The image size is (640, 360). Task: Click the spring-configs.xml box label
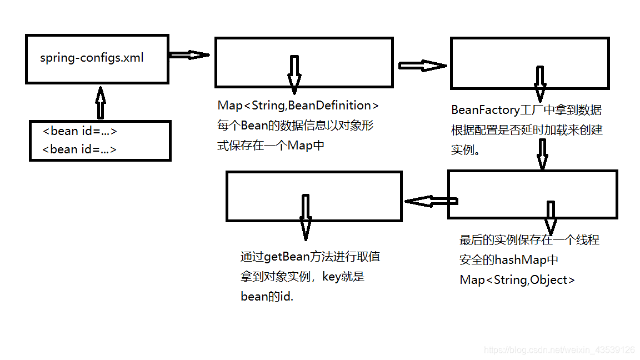92,58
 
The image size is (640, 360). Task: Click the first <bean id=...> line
80,132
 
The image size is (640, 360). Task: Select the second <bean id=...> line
80,149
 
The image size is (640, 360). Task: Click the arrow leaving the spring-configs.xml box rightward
188,55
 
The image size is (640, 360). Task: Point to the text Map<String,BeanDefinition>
298,106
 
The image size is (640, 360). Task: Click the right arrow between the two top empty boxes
422,66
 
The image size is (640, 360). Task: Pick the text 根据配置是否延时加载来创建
527,131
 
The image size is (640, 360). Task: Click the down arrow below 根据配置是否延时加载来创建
542,154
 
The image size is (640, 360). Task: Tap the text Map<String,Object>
517,280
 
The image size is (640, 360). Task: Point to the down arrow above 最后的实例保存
550,217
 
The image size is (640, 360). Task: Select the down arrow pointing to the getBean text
304,217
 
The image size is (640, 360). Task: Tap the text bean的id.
267,297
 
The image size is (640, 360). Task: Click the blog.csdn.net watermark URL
559,350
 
